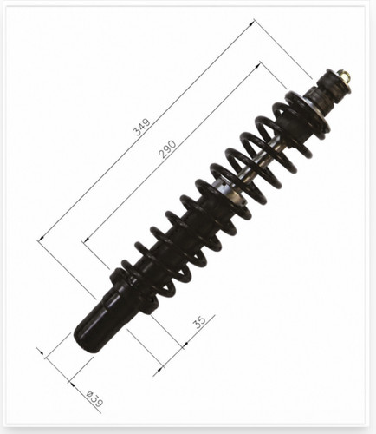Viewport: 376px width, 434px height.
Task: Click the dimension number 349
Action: click(142, 127)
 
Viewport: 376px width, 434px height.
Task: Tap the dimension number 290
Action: click(167, 149)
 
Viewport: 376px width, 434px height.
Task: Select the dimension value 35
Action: click(200, 321)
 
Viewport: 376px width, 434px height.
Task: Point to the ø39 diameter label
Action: click(94, 399)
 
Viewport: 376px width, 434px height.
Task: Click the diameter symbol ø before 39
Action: click(89, 394)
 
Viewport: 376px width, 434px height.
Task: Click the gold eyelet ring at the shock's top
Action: click(347, 76)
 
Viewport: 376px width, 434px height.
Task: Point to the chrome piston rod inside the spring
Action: click(262, 162)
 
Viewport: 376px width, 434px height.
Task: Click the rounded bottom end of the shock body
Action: click(84, 339)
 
